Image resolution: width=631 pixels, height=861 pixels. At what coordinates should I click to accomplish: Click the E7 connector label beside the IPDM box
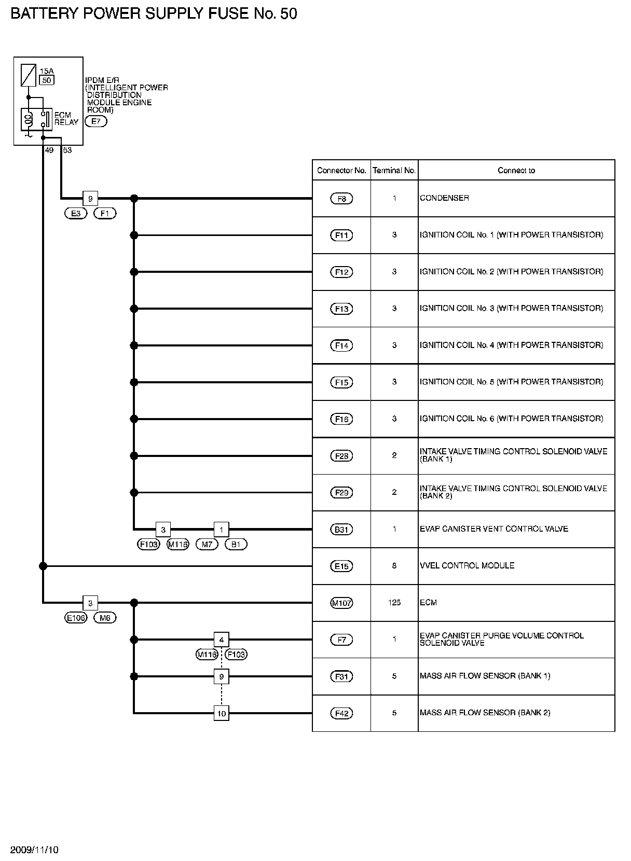pos(95,122)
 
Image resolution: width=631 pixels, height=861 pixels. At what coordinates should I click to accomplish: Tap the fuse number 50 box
pos(47,80)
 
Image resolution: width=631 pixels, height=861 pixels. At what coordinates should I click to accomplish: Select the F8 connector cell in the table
pos(341,199)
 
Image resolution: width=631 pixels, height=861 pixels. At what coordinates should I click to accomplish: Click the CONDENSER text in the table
pos(444,198)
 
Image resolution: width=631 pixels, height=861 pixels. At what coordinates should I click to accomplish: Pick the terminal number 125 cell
pos(394,603)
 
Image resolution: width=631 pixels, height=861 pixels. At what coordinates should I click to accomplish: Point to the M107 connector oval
pos(341,603)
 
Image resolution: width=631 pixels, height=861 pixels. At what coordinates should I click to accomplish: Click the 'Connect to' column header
pos(516,170)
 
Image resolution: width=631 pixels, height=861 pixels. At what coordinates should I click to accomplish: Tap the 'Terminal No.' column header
pos(394,170)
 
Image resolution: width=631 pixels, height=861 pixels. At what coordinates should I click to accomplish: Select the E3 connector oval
pos(76,213)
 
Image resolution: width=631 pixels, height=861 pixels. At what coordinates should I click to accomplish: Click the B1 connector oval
pos(236,544)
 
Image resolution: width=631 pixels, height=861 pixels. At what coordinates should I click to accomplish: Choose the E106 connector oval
pos(76,618)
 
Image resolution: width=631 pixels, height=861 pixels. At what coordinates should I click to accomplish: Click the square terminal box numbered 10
pos(222,713)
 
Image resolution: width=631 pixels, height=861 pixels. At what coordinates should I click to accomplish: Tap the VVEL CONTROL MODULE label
pos(467,565)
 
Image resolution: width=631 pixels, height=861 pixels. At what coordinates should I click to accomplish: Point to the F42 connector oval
pos(341,713)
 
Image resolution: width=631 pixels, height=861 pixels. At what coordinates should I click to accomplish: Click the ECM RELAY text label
pos(66,119)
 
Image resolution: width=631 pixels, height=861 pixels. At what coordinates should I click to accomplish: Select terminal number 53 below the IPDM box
pos(67,150)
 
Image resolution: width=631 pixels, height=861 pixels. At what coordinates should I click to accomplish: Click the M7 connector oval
pos(207,544)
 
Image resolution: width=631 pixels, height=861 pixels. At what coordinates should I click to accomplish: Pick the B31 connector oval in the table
pos(341,530)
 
